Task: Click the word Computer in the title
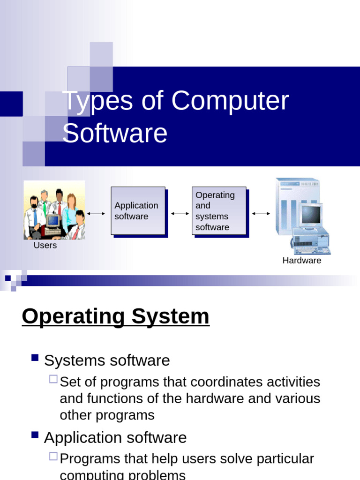coord(230,101)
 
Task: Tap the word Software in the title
coord(115,133)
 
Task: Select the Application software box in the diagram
coord(138,210)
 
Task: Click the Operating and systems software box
coord(219,210)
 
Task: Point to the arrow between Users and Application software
coord(96,214)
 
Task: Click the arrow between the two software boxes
coord(180,214)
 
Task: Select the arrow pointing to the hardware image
coord(261,214)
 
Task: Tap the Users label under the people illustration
coord(45,245)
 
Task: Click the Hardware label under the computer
coord(301,261)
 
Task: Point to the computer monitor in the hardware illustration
coord(311,215)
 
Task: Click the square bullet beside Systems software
coord(35,358)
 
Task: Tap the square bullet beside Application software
coord(35,435)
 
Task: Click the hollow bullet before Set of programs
coord(53,379)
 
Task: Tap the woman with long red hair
coord(71,206)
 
